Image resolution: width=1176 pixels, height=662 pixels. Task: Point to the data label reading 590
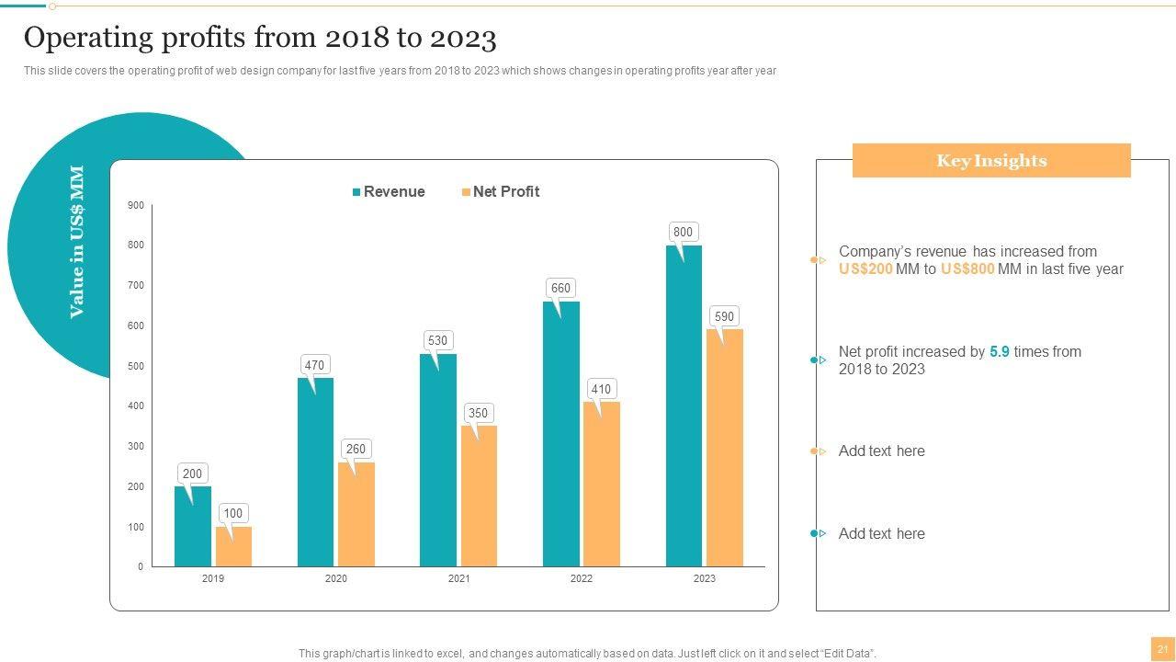pyautogui.click(x=724, y=316)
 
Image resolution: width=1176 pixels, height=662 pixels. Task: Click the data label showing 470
pyautogui.click(x=314, y=365)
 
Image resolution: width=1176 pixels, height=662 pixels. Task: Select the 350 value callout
pyautogui.click(x=478, y=413)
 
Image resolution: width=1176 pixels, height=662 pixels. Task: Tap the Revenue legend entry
pyautogui.click(x=389, y=191)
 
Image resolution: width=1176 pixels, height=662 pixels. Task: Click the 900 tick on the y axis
pyautogui.click(x=136, y=205)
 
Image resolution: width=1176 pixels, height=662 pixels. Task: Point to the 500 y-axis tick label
pyautogui.click(x=136, y=366)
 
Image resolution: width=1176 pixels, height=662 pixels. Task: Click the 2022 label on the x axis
pyautogui.click(x=582, y=578)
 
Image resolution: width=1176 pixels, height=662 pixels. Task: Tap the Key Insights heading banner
pyautogui.click(x=991, y=161)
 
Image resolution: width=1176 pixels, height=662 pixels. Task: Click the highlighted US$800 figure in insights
pyautogui.click(x=967, y=269)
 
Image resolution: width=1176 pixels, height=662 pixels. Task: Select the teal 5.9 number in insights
pyautogui.click(x=1000, y=351)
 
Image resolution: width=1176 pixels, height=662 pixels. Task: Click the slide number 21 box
pyautogui.click(x=1162, y=649)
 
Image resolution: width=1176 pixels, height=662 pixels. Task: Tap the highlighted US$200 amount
pyautogui.click(x=865, y=269)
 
